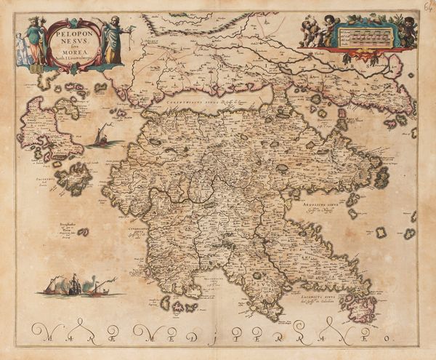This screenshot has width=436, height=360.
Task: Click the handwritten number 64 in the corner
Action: [427, 7]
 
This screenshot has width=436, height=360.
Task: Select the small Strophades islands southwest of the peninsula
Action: [83, 232]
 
